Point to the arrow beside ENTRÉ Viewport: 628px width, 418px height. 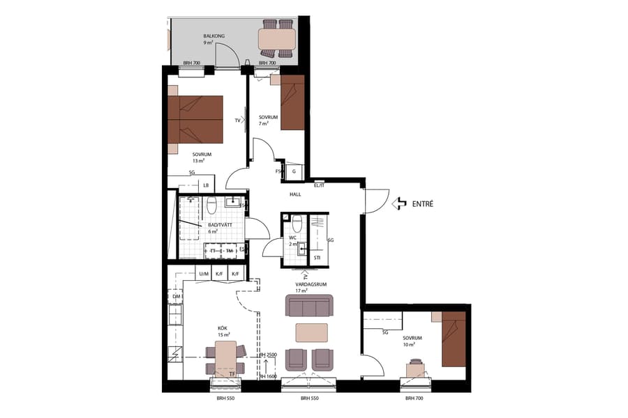399,204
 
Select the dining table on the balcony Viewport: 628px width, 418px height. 276,39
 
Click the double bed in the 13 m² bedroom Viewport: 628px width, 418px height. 195,119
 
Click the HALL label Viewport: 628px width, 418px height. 295,194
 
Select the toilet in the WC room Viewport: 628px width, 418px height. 297,224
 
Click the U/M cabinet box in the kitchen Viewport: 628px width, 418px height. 204,274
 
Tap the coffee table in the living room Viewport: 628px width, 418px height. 311,332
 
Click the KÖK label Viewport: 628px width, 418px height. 223,328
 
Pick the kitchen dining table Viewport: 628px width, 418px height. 225,359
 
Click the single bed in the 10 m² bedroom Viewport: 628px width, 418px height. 454,339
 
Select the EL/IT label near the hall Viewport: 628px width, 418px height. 320,185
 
